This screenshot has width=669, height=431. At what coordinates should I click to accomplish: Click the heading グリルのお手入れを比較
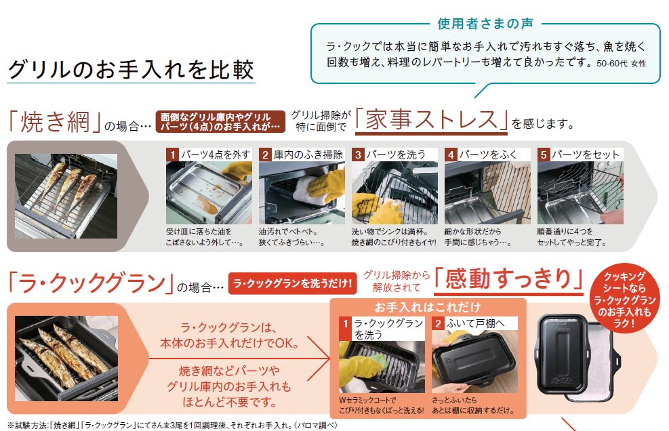[131, 70]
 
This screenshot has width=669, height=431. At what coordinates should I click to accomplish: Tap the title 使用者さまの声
[485, 24]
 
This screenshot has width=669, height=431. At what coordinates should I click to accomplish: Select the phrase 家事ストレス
[431, 119]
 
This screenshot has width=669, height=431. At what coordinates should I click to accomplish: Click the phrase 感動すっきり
[508, 279]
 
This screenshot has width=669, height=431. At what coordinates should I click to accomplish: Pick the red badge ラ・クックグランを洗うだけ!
[292, 283]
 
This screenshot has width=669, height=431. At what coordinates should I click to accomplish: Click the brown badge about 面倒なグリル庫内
[220, 121]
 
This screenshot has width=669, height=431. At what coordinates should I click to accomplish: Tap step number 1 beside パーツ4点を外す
[172, 155]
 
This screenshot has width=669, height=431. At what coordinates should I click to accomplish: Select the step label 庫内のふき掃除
[308, 155]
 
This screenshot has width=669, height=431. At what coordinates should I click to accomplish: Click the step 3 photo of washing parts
[394, 192]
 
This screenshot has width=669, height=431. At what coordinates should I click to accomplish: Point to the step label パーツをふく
[487, 155]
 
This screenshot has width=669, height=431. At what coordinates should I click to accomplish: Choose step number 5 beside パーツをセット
[543, 155]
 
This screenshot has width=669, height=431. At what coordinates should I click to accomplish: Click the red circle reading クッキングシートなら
[624, 300]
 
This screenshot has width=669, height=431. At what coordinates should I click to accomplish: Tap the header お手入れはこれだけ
[428, 307]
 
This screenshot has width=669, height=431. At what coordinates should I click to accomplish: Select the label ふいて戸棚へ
[475, 323]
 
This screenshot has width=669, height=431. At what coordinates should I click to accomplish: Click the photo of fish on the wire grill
[66, 197]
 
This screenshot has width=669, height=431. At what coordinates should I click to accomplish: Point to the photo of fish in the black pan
[66, 358]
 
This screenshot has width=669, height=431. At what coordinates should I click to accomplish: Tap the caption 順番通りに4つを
[565, 232]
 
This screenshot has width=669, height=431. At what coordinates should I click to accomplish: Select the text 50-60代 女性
[621, 64]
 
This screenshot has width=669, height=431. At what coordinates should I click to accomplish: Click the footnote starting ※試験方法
[172, 425]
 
